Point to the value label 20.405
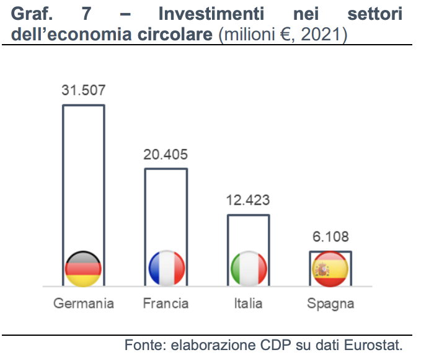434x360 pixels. [166, 154]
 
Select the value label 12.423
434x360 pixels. [248, 200]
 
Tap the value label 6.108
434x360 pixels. [330, 236]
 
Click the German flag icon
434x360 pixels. [83, 269]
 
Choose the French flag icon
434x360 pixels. [166, 269]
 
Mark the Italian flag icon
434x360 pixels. [249, 269]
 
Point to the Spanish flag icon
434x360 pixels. [330, 269]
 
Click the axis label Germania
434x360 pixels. [84, 304]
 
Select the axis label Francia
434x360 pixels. [166, 304]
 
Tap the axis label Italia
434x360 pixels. [248, 304]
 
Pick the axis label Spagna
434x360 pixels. [330, 304]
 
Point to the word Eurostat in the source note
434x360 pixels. [375, 344]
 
